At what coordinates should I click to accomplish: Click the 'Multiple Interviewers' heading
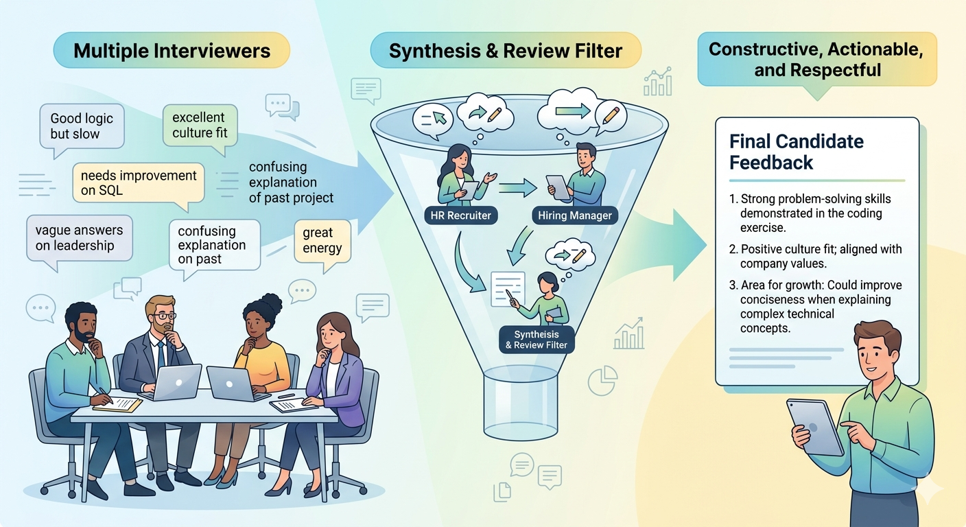172,51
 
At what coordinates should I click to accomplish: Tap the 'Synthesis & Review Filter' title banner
506,51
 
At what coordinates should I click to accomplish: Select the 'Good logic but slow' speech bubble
82,126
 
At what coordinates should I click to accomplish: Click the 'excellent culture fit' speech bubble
200,125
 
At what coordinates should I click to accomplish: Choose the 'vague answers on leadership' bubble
79,237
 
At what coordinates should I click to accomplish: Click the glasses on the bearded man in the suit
164,316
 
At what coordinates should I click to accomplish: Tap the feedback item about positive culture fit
820,256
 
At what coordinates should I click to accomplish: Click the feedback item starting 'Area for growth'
820,307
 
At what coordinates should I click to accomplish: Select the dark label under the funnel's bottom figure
537,340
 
